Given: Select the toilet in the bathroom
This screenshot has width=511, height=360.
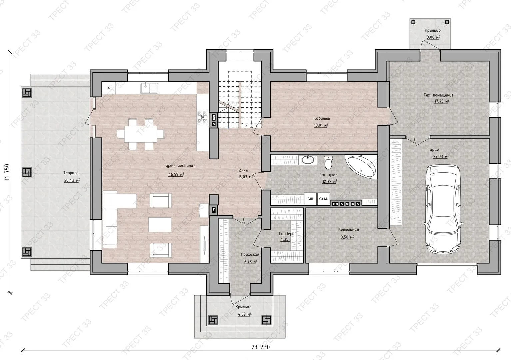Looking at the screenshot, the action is click(x=328, y=163).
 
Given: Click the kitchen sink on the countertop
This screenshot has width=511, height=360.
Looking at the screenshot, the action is click(x=149, y=88).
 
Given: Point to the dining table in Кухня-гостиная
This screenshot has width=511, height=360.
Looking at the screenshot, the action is click(x=141, y=134).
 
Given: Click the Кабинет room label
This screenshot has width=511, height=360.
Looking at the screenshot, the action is click(x=322, y=118).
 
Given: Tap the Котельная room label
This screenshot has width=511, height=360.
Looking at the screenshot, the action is click(x=348, y=229).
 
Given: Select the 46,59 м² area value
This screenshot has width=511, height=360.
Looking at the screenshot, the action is click(x=176, y=174).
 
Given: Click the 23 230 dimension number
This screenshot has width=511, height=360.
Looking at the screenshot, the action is click(x=260, y=347).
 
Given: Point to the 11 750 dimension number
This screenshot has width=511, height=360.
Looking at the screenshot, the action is click(x=7, y=172).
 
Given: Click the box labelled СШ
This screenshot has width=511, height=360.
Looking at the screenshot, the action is click(x=310, y=199).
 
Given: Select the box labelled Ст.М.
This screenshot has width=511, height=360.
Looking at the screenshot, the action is click(x=323, y=199).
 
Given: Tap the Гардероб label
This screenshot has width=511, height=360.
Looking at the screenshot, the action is click(x=288, y=234).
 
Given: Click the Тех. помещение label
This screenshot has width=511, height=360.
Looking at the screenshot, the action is click(x=438, y=95).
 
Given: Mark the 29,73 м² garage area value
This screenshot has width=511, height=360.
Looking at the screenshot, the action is click(x=441, y=156).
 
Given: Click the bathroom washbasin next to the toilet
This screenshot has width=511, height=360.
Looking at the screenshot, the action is click(x=308, y=160).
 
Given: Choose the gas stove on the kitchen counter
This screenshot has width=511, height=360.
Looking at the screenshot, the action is click(x=202, y=117).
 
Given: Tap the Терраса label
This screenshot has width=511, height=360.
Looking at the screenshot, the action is click(x=71, y=173).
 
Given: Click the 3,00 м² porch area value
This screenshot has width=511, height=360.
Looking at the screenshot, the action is click(x=433, y=37).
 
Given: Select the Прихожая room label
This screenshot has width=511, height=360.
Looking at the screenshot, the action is click(x=250, y=254).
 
